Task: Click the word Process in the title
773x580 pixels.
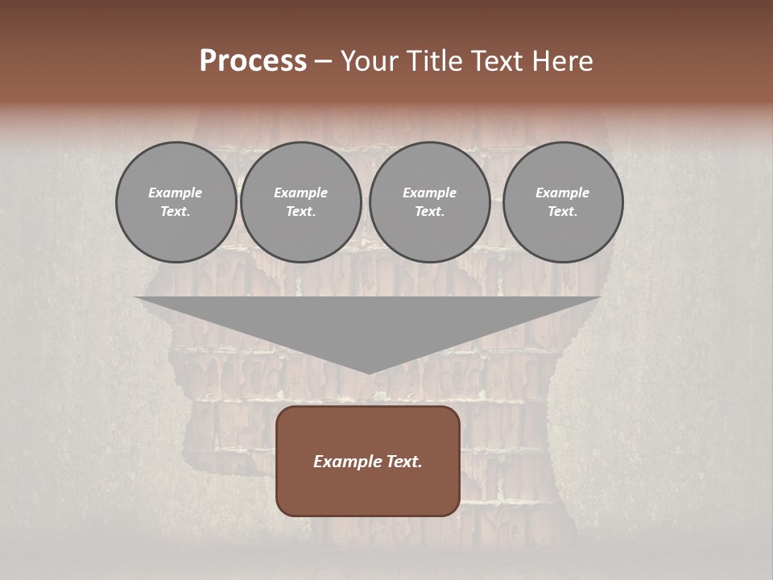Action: click(x=253, y=61)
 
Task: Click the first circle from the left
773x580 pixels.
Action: click(x=176, y=202)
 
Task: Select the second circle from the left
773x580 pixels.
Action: click(x=301, y=202)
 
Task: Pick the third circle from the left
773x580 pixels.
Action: click(x=429, y=202)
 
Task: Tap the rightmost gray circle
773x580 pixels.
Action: click(x=563, y=202)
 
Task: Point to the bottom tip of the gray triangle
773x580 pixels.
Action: click(x=369, y=372)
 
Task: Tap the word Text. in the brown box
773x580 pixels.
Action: click(x=403, y=462)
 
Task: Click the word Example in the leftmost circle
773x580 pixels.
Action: click(x=176, y=193)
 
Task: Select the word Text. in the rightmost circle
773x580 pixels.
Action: click(x=563, y=212)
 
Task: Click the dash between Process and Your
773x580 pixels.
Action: click(x=324, y=61)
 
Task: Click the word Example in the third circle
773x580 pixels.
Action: click(x=429, y=193)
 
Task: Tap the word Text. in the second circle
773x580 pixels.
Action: click(x=301, y=212)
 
